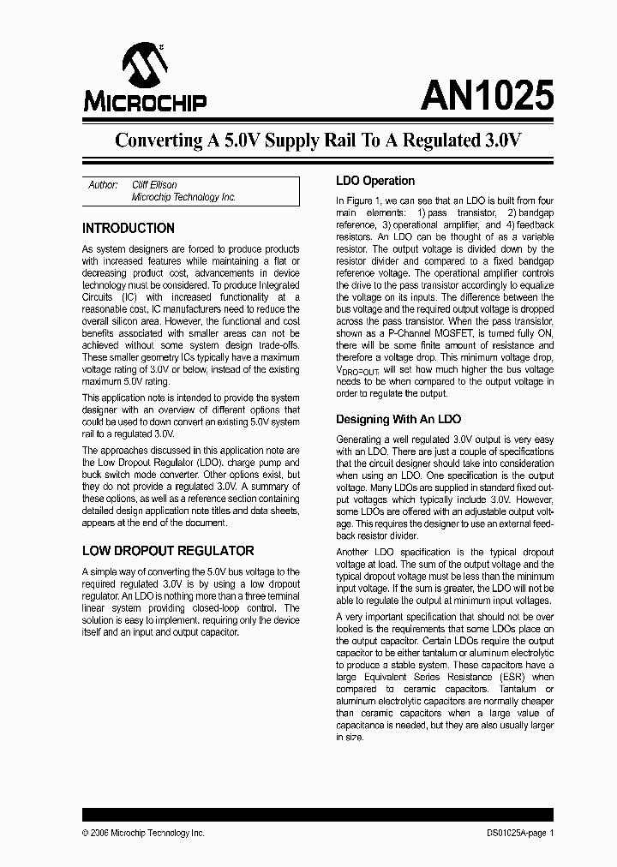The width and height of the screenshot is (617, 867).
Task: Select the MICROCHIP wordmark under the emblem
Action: coord(145,103)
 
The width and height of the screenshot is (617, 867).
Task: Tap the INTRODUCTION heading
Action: coord(128,229)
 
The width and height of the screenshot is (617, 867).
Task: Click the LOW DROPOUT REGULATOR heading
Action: coord(168,551)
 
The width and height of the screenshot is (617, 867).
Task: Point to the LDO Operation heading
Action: coord(374,181)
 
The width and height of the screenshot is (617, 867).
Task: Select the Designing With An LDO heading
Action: coord(398,420)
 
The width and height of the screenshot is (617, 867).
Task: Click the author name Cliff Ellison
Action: coord(154,185)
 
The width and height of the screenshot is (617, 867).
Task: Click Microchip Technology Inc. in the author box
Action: coord(183,197)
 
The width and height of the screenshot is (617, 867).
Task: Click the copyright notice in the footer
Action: coord(143,833)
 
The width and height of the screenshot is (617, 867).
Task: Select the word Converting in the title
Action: coord(157,141)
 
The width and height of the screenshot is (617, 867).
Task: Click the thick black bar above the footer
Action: coord(318,815)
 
